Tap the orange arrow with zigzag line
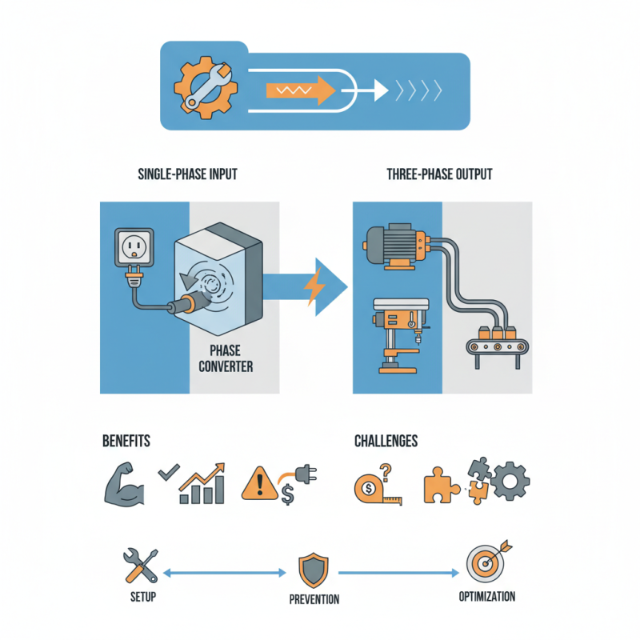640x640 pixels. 300,90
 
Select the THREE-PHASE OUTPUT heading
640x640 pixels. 439,174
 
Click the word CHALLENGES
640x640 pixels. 386,441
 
